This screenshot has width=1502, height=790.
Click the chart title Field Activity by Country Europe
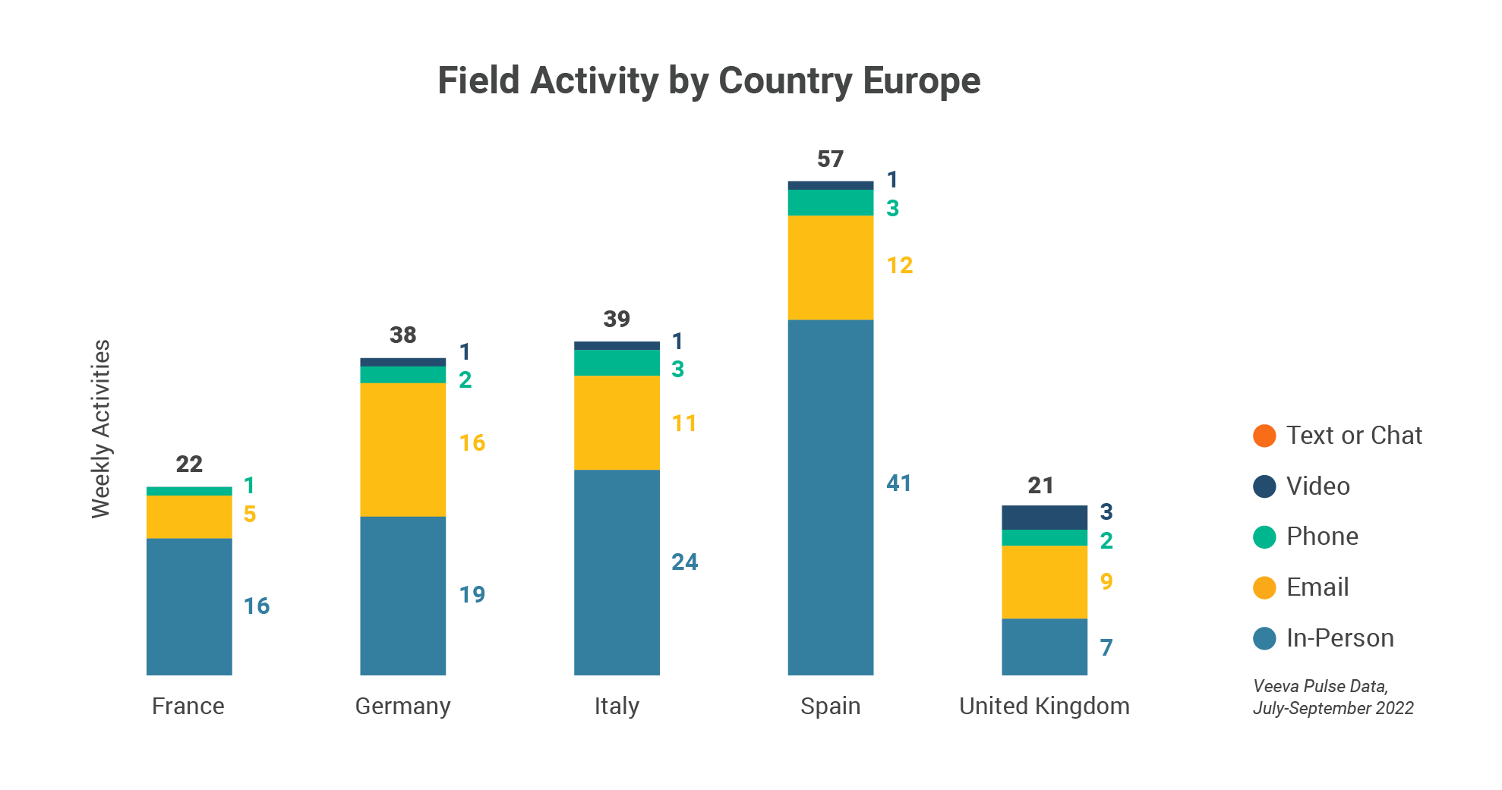pyautogui.click(x=708, y=81)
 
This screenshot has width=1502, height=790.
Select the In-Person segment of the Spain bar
pyautogui.click(x=830, y=497)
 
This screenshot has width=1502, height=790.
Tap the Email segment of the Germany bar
pyautogui.click(x=402, y=449)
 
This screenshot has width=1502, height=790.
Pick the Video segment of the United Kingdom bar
pyautogui.click(x=1044, y=518)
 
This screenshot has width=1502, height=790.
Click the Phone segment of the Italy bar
pyautogui.click(x=617, y=363)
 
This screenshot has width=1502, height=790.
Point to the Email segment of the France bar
pyautogui.click(x=189, y=517)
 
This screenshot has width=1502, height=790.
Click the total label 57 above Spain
pyautogui.click(x=830, y=159)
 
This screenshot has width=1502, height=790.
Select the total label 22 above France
pyautogui.click(x=189, y=464)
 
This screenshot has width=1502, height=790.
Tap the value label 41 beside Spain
pyautogui.click(x=898, y=483)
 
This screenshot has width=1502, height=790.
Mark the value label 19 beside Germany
pyautogui.click(x=472, y=594)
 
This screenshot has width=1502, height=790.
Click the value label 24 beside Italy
pyautogui.click(x=684, y=562)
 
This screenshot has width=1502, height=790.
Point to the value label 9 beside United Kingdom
pyautogui.click(x=1106, y=582)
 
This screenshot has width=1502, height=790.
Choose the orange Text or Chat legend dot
pyautogui.click(x=1264, y=436)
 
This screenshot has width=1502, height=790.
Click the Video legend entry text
pyautogui.click(x=1317, y=486)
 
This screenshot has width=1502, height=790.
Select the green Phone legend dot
pyautogui.click(x=1264, y=537)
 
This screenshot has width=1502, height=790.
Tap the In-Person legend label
pyautogui.click(x=1339, y=638)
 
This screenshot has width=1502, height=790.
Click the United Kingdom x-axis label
pyautogui.click(x=1044, y=706)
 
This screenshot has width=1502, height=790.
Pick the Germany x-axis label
pyautogui.click(x=402, y=706)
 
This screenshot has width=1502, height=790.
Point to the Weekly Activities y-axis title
pyautogui.click(x=101, y=429)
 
